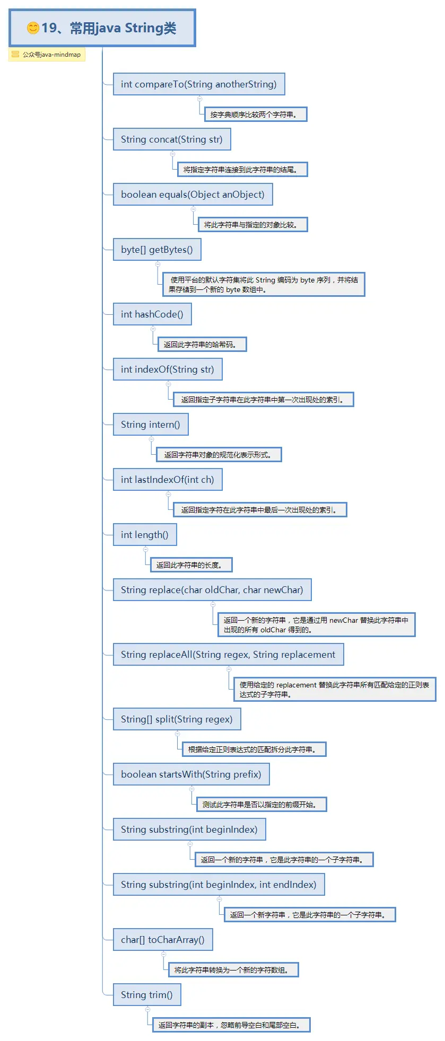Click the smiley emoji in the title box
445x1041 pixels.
click(x=33, y=28)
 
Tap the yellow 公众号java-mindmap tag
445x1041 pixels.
click(x=47, y=55)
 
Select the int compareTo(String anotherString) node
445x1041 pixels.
click(x=199, y=84)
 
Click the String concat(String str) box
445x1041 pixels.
click(x=172, y=139)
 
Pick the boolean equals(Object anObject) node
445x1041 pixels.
click(x=193, y=195)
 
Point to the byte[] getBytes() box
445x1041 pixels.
click(x=157, y=250)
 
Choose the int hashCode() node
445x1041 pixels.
click(x=152, y=314)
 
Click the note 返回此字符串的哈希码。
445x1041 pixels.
click(x=202, y=345)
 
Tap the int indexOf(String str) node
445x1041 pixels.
click(x=168, y=369)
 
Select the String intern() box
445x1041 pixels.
click(x=151, y=425)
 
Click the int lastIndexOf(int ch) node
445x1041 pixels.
click(x=168, y=480)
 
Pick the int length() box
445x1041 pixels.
click(x=145, y=535)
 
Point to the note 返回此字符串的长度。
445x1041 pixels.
click(x=191, y=565)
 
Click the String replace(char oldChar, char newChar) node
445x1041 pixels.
click(x=212, y=590)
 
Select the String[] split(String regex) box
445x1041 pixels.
click(x=177, y=719)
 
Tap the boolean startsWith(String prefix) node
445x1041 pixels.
click(x=191, y=774)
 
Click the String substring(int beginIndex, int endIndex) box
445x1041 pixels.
click(x=219, y=885)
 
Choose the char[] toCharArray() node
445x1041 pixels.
click(x=163, y=940)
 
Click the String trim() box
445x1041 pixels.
click(x=147, y=995)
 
